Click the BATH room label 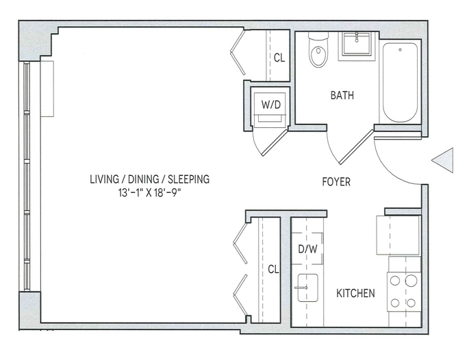(342, 95)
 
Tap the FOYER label (336, 182)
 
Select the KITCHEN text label (355, 294)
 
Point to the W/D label (271, 105)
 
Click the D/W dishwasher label (308, 248)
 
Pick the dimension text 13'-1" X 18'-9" (150, 193)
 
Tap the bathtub (401, 82)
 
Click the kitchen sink (308, 287)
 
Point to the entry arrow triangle (442, 160)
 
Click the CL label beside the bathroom (279, 57)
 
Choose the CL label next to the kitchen (273, 270)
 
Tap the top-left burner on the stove (395, 281)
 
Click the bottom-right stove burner (411, 303)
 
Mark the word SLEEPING (188, 179)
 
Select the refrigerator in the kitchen (398, 235)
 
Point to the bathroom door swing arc (331, 149)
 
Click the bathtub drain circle (401, 50)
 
